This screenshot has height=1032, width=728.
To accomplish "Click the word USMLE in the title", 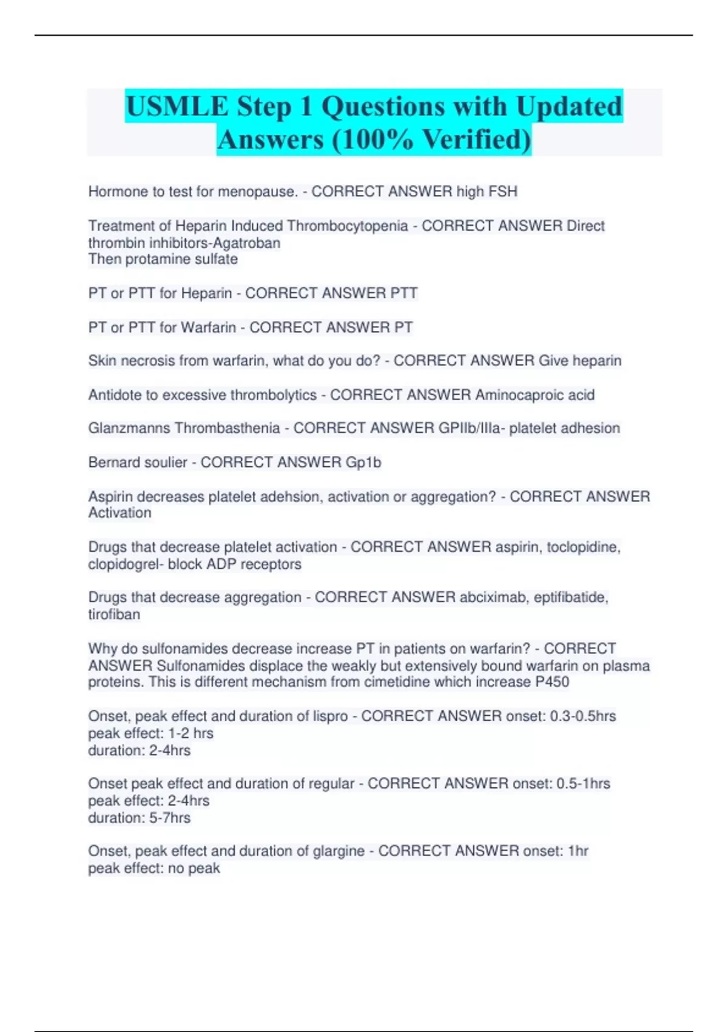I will click(x=178, y=107).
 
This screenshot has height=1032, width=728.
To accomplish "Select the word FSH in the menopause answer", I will click(x=503, y=192).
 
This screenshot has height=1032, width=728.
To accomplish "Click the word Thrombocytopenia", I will click(x=347, y=226).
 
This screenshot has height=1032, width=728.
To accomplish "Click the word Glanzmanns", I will click(x=129, y=429).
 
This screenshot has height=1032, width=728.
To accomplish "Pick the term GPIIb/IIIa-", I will click(x=471, y=429).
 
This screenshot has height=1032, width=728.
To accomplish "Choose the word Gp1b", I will click(x=363, y=463).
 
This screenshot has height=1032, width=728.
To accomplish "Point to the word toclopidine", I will click(x=583, y=547).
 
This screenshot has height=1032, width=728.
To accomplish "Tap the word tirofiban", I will click(x=114, y=614).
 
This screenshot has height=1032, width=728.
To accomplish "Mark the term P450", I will click(x=552, y=682).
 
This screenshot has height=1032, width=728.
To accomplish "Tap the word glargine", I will click(x=339, y=851).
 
